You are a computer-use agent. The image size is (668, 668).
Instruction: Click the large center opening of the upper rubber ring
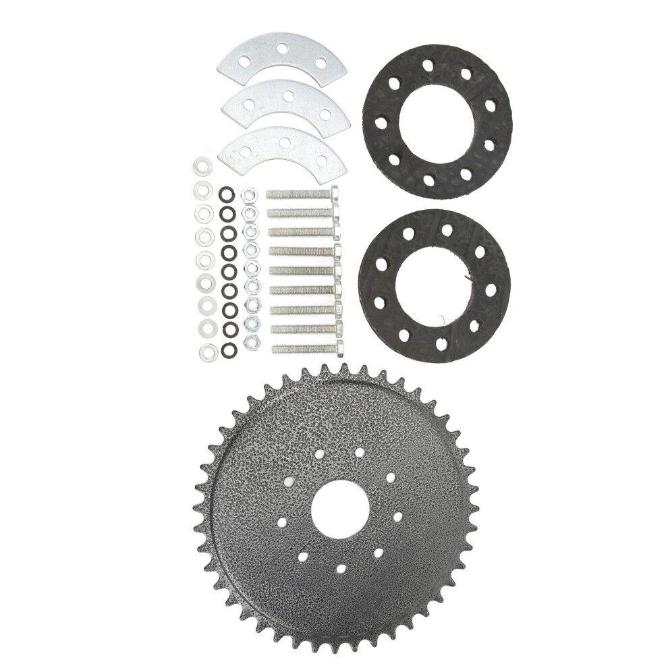437,121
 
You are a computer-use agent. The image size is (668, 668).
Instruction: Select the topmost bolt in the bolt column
301,194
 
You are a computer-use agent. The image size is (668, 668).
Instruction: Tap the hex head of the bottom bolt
339,349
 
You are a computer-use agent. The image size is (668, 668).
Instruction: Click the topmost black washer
226,194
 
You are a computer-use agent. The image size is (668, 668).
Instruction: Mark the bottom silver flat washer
208,350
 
